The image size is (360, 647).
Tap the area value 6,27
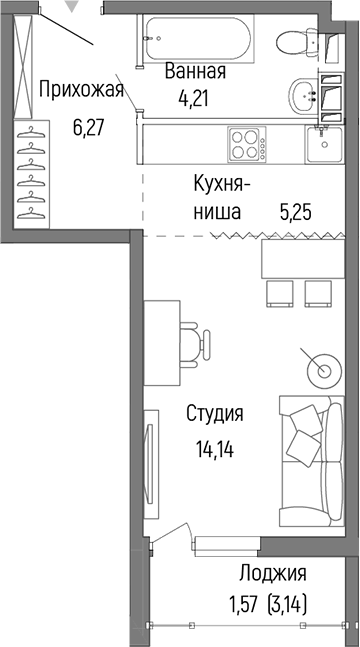(x=90, y=127)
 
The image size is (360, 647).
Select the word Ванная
(x=196, y=72)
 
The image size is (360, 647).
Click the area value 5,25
(x=297, y=212)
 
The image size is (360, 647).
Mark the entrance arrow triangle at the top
(x=69, y=8)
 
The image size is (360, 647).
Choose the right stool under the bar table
(x=317, y=291)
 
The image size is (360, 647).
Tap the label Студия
(x=215, y=413)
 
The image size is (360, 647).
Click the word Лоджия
(x=272, y=573)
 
